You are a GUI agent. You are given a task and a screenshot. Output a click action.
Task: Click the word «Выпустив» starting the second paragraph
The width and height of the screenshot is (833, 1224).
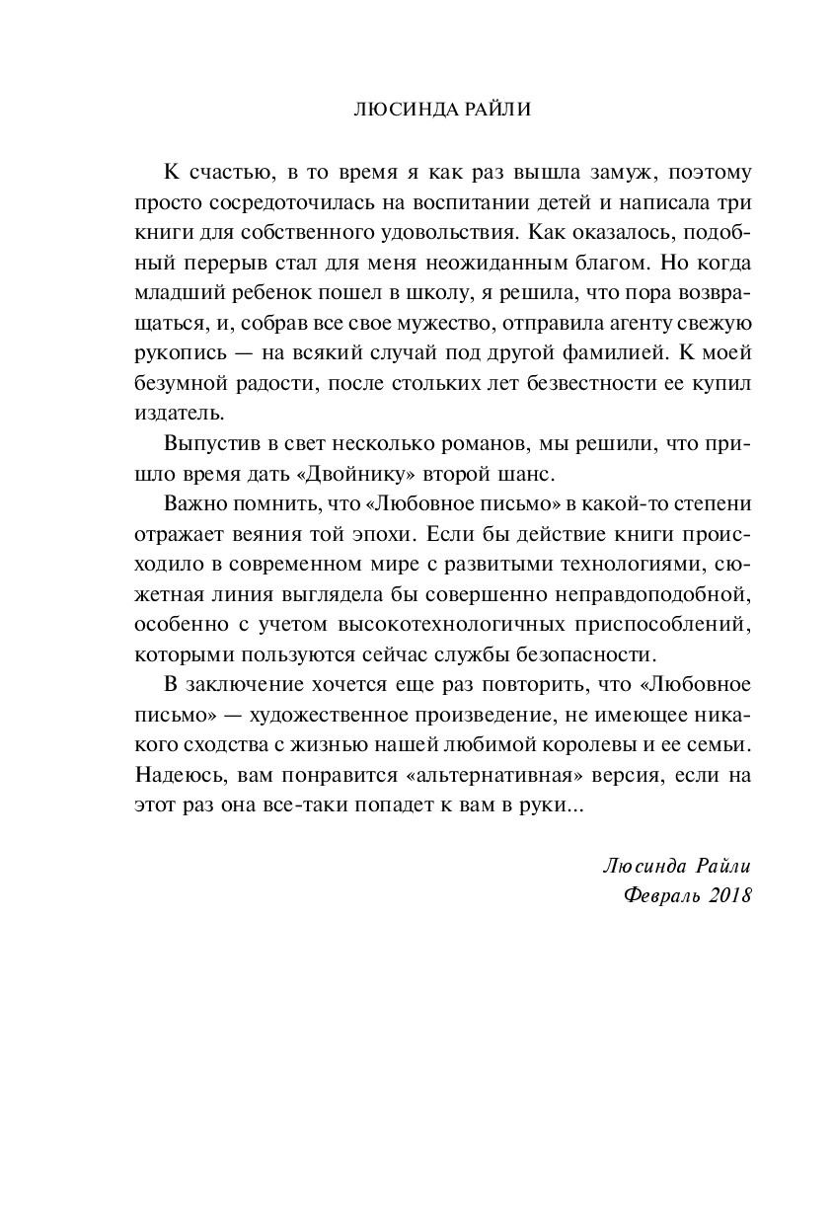(204, 444)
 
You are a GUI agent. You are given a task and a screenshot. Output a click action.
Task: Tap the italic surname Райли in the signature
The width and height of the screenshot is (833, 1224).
(717, 865)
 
